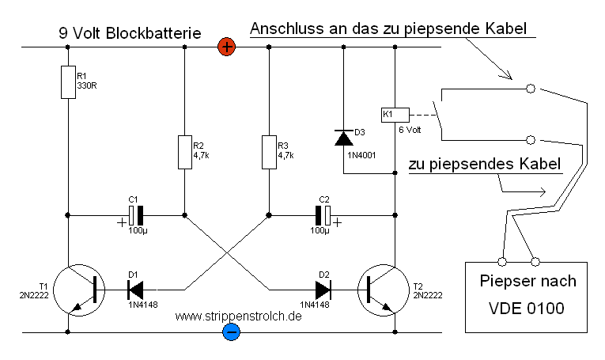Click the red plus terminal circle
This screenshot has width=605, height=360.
(x=227, y=47)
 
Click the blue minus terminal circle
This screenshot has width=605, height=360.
(x=231, y=332)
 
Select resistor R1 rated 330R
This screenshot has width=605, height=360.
(x=68, y=81)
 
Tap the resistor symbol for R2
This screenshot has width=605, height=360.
(x=184, y=152)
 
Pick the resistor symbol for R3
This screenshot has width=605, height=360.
(x=269, y=152)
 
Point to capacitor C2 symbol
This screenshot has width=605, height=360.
(x=325, y=214)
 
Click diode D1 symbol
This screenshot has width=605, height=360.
(x=134, y=289)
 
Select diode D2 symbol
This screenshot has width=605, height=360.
(x=323, y=289)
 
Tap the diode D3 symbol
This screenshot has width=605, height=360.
(x=343, y=138)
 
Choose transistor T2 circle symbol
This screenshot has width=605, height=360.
(x=382, y=289)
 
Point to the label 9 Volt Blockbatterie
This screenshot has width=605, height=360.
(x=130, y=34)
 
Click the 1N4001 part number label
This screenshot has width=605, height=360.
(x=361, y=156)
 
